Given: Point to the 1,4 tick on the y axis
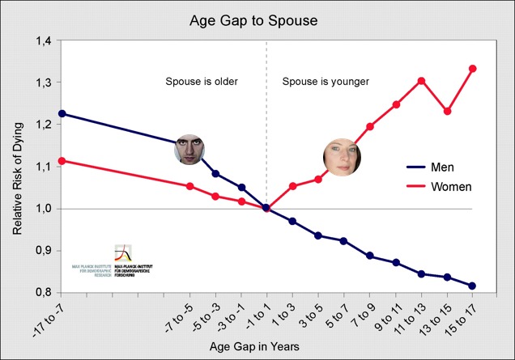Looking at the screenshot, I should [x=38, y=41].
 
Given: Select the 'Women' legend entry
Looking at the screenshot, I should [x=449, y=186].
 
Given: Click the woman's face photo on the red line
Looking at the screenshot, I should [x=341, y=156].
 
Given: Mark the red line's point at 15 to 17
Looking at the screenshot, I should [x=473, y=68].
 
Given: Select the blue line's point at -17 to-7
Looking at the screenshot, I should [x=62, y=113].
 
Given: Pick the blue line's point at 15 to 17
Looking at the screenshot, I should [x=473, y=286].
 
